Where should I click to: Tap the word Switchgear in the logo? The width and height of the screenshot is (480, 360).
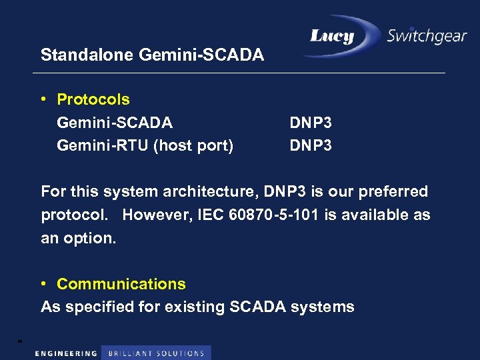pos(427,37)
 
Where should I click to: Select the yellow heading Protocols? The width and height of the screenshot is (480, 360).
pos(93,100)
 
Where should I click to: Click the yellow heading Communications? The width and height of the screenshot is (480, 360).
pos(121,284)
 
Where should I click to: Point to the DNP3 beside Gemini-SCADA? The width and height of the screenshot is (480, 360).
pos(311,123)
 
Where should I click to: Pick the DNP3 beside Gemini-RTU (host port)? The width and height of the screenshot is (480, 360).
pos(311,145)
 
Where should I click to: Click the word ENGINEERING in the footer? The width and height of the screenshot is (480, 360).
pos(65,353)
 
